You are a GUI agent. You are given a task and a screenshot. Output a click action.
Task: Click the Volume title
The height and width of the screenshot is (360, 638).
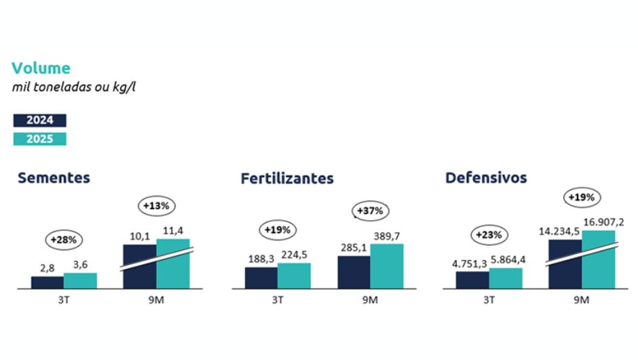coord(41,68)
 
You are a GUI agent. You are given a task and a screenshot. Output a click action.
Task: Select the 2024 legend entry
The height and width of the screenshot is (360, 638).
coord(40,120)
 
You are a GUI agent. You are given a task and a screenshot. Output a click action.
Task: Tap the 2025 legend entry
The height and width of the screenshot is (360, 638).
coord(40,139)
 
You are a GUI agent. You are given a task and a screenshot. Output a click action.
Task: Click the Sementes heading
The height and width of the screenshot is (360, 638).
coord(54,178)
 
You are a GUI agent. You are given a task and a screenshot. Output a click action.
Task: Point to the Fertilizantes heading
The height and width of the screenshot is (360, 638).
coord(287,179)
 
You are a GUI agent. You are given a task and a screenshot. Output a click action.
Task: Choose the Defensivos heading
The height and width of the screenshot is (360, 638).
coord(486,178)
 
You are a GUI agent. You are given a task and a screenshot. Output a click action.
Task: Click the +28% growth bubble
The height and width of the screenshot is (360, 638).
coord(64,239)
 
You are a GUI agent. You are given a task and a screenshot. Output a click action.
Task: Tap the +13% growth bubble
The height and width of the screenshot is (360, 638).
coord(157,204)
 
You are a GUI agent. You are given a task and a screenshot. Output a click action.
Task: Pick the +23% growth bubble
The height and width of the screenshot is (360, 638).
coord(489,235)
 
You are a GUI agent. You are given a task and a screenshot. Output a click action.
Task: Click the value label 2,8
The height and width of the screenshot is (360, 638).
coord(48,268)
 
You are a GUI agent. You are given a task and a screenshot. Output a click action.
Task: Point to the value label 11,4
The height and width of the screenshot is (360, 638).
coord(173,230)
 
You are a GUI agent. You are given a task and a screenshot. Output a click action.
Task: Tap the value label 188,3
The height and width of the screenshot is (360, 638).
coord(261,259)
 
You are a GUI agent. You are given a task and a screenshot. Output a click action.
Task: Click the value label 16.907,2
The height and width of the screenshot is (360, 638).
coord(598,222)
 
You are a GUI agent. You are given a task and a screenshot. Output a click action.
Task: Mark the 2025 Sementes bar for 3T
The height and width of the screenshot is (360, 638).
coord(80,281)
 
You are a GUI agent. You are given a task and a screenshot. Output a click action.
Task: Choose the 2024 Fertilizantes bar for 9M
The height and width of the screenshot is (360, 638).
coord(354,272)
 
